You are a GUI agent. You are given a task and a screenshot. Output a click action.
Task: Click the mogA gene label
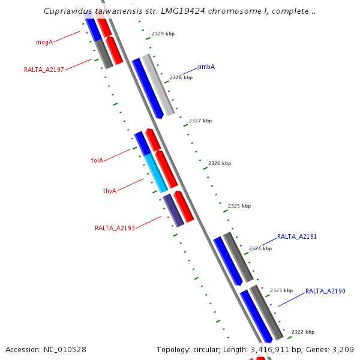coord(44,42)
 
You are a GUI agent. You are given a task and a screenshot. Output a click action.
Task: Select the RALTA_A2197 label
coord(44,70)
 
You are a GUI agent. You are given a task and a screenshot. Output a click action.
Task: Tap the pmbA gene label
coord(206,67)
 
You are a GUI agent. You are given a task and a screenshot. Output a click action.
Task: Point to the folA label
coord(97,160)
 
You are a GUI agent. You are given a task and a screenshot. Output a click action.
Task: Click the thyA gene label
coord(110,191)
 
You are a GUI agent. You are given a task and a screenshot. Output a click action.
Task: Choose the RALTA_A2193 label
coord(115,228)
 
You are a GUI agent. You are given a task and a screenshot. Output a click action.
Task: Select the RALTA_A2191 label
coord(297,236)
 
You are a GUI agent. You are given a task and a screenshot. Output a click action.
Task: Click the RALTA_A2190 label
coord(325,291)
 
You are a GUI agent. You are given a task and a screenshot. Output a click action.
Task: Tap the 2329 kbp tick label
coord(163,34)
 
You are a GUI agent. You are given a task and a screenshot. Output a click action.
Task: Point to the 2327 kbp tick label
coord(200,121)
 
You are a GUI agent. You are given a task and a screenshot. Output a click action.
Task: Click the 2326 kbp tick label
coord(220,163)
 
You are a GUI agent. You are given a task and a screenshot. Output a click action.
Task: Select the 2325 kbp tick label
coord(239,206)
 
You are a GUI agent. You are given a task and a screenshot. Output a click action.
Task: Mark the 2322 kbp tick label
coord(303,332)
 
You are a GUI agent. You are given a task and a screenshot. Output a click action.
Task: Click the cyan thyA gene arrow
coord(155,173)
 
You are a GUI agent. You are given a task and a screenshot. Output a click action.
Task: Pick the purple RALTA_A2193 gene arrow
coord(173,210)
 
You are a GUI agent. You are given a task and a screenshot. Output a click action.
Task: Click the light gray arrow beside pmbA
coord(158,84)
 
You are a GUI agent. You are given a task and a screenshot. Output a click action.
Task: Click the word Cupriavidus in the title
coord(69,11)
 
